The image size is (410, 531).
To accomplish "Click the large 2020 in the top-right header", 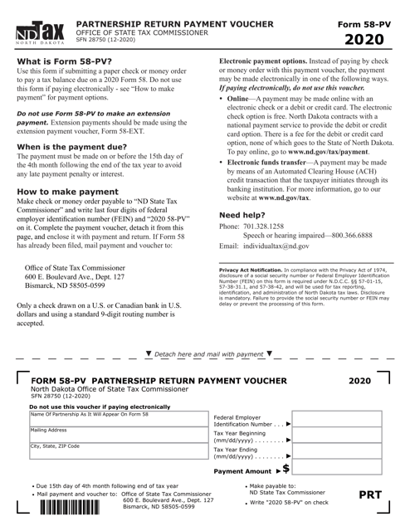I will pos(366,39).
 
